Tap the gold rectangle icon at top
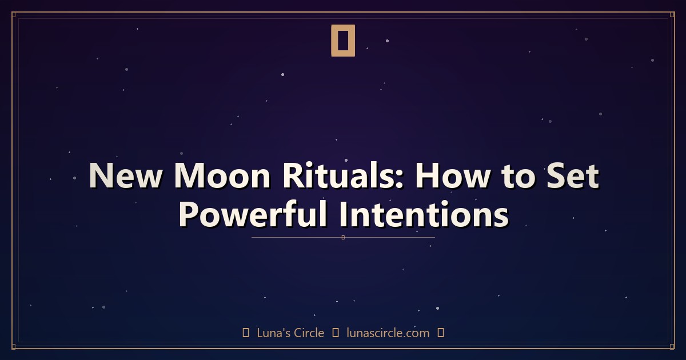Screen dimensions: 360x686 pos(343,41)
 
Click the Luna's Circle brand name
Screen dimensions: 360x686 pos(290,333)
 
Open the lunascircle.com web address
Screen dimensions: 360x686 pos(388,333)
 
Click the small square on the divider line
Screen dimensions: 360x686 pos(343,237)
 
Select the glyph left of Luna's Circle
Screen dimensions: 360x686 pos(246,333)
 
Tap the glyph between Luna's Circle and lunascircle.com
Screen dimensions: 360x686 pos(336,333)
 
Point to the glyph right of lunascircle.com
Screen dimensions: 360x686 pos(440,333)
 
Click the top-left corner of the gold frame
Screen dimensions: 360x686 pos(13,13)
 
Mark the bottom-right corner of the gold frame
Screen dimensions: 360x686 pos(673,347)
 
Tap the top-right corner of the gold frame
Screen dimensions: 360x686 pos(673,13)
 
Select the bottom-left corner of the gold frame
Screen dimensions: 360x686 pos(13,347)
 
